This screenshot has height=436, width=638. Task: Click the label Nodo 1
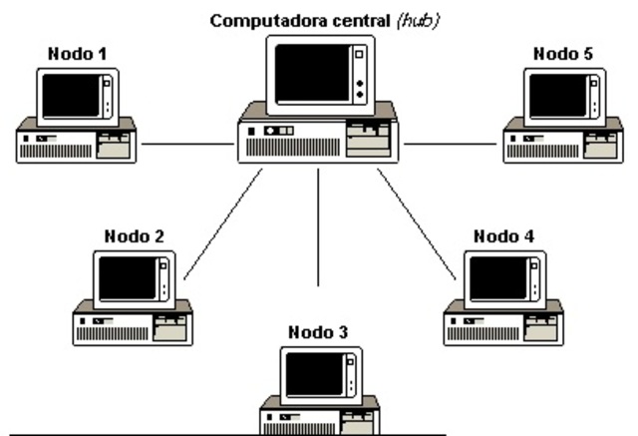point(77,53)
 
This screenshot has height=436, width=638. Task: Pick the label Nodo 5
point(562,53)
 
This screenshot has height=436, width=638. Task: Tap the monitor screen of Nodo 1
point(72,96)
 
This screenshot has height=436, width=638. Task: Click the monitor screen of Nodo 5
point(557,96)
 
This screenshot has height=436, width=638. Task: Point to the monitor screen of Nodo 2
point(128,278)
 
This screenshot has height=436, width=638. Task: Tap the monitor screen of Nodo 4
point(498,278)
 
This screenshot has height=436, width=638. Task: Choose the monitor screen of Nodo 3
point(315,373)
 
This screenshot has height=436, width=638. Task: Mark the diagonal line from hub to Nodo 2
point(221,225)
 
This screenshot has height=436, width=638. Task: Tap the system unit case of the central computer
point(318,141)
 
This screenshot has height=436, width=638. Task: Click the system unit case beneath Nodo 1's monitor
point(77,146)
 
